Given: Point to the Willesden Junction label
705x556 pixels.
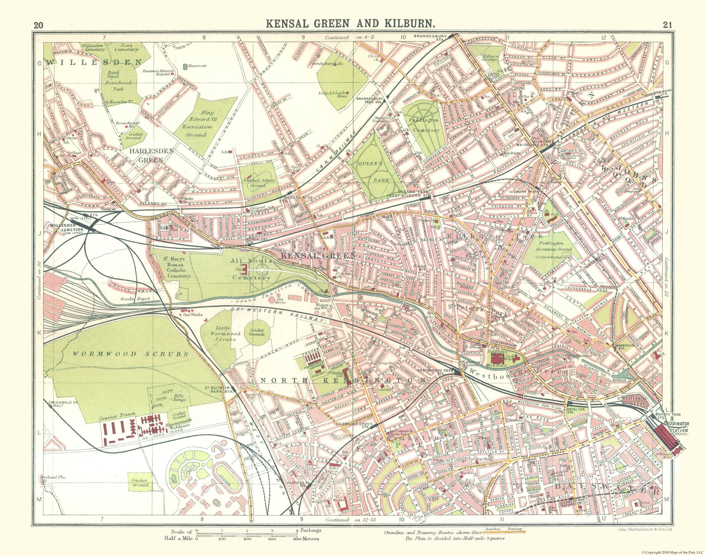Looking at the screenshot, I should pos(67,227).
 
